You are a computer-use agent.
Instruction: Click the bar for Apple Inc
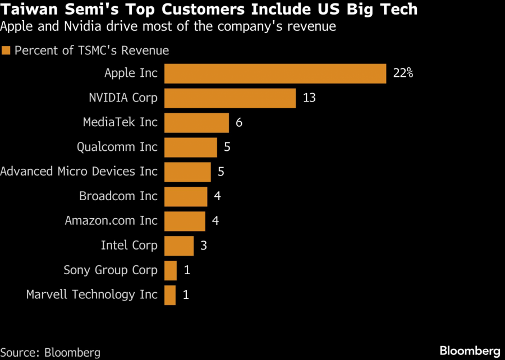(275, 73)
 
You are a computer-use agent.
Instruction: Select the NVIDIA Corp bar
(230, 98)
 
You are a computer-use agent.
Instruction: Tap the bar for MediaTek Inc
(196, 123)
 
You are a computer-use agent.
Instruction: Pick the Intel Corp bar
(179, 246)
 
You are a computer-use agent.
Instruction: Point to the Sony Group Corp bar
(171, 270)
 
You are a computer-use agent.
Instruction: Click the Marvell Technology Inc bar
(170, 295)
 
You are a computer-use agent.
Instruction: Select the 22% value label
(403, 73)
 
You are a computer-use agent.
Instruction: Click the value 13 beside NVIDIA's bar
(309, 98)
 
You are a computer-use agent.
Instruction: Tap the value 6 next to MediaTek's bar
(239, 122)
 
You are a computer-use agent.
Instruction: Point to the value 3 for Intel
(203, 246)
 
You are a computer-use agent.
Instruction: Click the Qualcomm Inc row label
(117, 147)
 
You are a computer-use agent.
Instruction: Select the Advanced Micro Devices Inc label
(79, 172)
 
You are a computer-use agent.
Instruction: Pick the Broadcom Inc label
(118, 196)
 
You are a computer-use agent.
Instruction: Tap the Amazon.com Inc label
(111, 221)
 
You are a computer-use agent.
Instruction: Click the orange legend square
(7, 51)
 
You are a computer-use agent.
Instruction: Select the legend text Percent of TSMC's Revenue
(91, 50)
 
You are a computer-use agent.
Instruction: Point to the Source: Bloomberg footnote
(50, 352)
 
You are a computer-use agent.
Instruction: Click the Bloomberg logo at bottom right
(469, 351)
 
